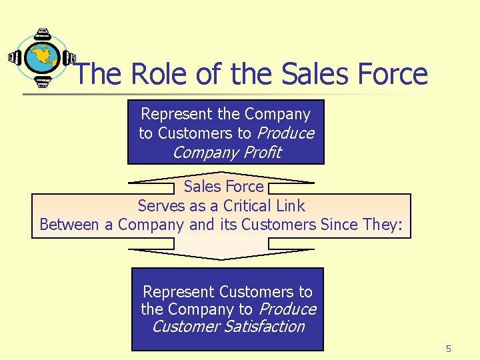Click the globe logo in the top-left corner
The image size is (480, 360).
click(41, 59)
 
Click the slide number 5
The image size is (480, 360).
click(449, 349)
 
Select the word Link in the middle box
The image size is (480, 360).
click(291, 206)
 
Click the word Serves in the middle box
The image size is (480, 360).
click(159, 206)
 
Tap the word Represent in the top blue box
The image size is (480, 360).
click(174, 115)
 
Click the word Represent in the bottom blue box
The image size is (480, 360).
click(179, 292)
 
